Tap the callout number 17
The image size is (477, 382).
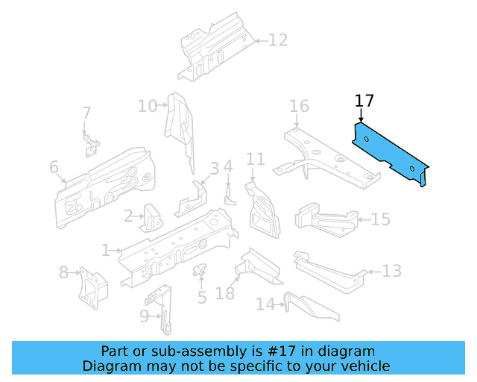click(364, 101)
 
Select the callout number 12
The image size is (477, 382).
click(277, 40)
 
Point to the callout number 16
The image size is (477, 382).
click(299, 106)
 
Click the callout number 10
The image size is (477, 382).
click(147, 106)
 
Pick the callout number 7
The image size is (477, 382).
click(86, 113)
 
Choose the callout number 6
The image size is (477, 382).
click(54, 168)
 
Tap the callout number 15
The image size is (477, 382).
click(381, 219)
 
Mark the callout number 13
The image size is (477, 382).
click(392, 270)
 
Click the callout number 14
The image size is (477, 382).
click(265, 304)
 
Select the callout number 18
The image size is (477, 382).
click(225, 293)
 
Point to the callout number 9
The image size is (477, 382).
click(145, 316)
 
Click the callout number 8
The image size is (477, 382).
click(63, 272)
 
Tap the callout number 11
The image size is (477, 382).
click(256, 159)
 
